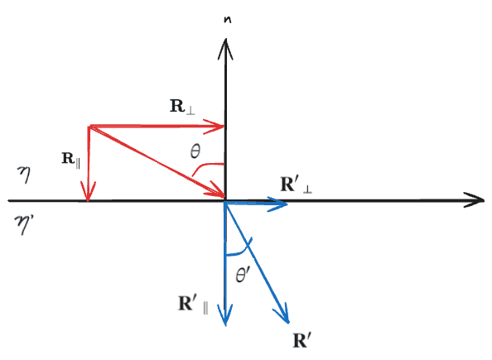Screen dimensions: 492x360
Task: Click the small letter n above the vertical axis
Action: coord(228,19)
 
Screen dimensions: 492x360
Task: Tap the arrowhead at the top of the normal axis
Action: coord(225,49)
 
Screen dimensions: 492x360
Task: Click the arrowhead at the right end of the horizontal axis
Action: coord(475,200)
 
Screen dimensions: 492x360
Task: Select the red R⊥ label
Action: coord(182,107)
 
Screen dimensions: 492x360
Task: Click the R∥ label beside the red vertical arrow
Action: coord(71,160)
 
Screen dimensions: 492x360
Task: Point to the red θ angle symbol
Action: coord(195,151)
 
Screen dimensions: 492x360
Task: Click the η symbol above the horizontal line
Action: coord(24,175)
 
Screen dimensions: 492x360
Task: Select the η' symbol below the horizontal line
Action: coord(23,223)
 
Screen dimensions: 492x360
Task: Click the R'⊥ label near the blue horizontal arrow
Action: coord(296,185)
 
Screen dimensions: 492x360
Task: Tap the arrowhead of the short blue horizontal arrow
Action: coord(277,204)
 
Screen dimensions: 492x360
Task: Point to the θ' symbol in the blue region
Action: coord(243,275)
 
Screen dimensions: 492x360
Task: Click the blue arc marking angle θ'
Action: coord(239,249)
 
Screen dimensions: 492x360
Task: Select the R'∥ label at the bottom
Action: coord(193,305)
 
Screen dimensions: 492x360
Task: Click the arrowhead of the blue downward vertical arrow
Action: coord(225,315)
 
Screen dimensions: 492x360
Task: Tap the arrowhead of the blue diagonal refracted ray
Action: coord(282,313)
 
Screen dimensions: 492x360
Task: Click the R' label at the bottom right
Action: coord(301,341)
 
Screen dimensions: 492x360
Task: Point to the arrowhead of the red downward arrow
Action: coord(88,192)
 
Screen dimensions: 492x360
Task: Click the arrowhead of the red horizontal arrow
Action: coord(214,127)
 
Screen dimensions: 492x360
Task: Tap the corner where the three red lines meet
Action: coord(90,127)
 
